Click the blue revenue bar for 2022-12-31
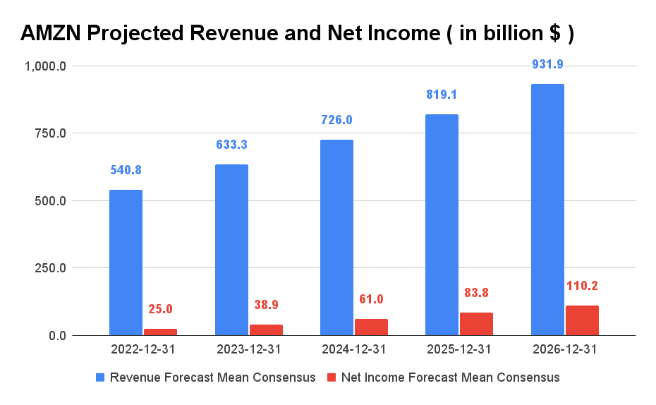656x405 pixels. click(x=126, y=262)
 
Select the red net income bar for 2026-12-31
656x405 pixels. click(x=582, y=320)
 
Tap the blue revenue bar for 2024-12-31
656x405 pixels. click(x=336, y=237)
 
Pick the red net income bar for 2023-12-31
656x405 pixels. click(x=266, y=330)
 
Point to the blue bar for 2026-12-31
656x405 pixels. click(x=547, y=210)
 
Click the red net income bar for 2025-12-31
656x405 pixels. click(x=476, y=324)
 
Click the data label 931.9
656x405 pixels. click(x=547, y=64)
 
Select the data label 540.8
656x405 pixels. click(x=126, y=170)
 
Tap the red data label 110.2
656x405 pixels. click(x=582, y=286)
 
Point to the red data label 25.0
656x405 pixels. click(x=160, y=309)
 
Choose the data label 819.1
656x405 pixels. click(x=442, y=95)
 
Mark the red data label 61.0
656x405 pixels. click(x=371, y=299)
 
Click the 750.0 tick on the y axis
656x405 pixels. click(x=47, y=134)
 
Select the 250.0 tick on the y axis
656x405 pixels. click(x=47, y=269)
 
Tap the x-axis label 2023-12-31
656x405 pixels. click(x=248, y=349)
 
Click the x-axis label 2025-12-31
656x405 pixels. click(x=459, y=349)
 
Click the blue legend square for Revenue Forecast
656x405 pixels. click(x=101, y=377)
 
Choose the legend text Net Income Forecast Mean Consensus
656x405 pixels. click(x=450, y=377)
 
